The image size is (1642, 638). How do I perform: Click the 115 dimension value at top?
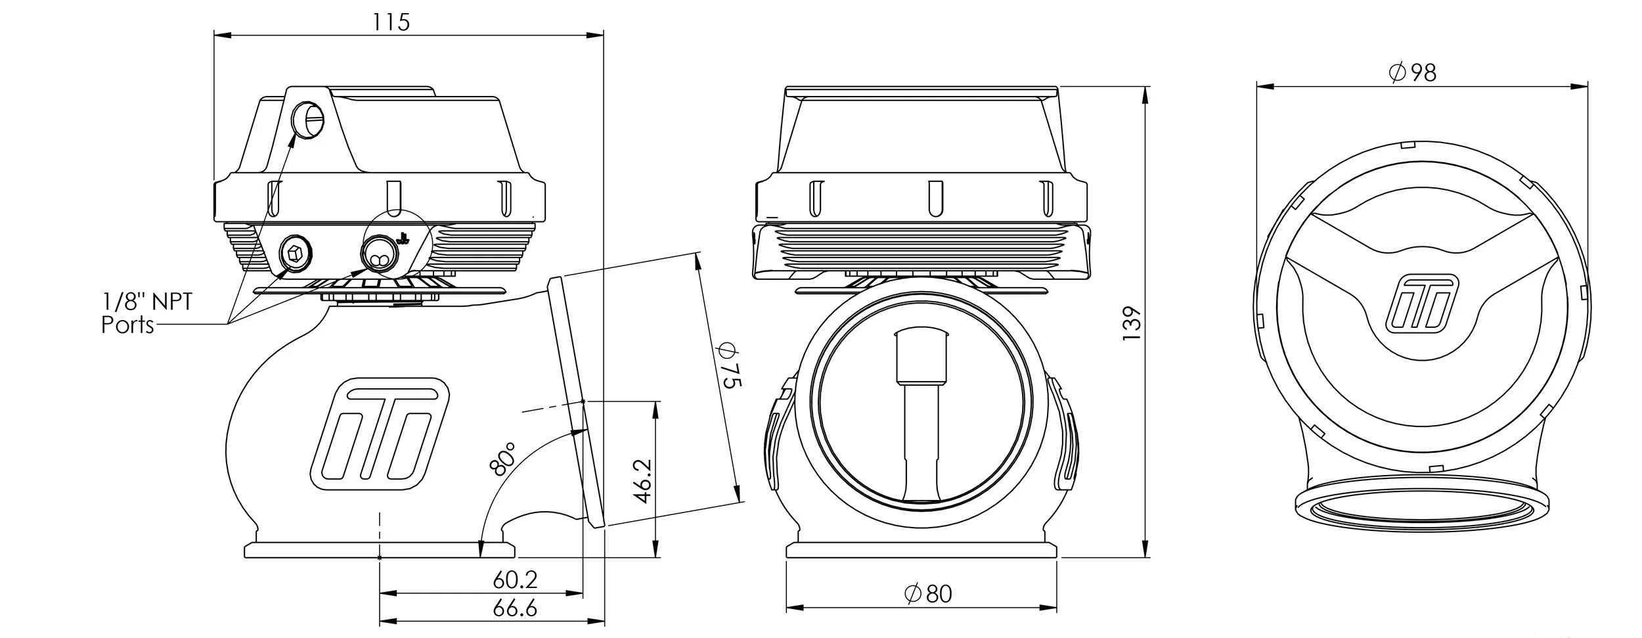click(x=391, y=22)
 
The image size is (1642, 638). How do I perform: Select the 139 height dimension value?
click(x=1132, y=323)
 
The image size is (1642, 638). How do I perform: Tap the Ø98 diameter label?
click(x=1413, y=72)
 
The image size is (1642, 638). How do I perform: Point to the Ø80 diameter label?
click(x=927, y=594)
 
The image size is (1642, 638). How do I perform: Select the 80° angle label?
click(x=502, y=458)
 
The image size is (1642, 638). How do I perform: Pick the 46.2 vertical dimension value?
click(x=643, y=481)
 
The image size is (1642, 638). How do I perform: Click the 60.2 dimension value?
click(x=515, y=580)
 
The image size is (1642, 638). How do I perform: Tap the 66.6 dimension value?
click(x=515, y=608)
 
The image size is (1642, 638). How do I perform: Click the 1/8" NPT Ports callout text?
click(x=146, y=314)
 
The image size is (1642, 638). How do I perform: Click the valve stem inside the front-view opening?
click(x=922, y=421)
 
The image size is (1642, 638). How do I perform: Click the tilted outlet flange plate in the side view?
click(x=576, y=401)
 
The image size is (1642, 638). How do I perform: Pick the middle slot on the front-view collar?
click(x=931, y=198)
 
